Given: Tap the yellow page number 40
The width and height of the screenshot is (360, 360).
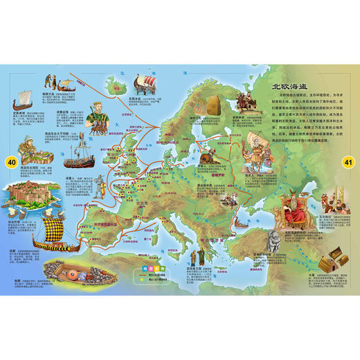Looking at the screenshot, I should click(x=10, y=162).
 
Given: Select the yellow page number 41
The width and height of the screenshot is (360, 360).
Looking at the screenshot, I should click(x=349, y=162).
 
